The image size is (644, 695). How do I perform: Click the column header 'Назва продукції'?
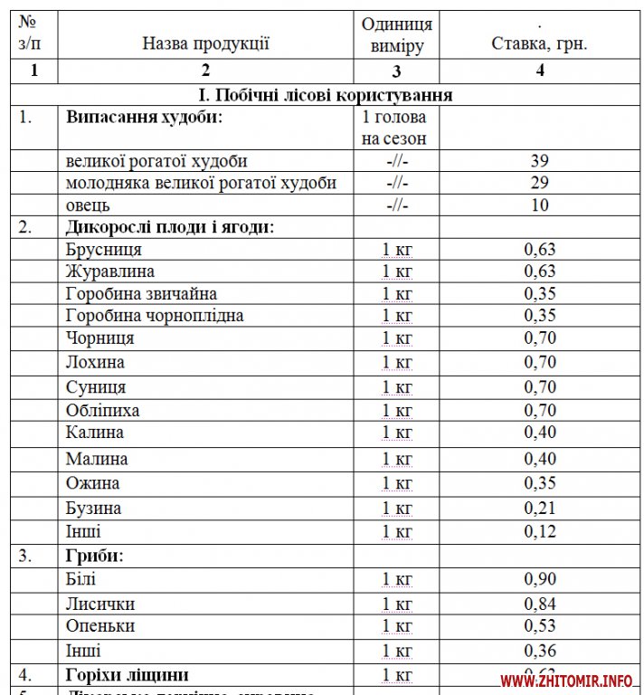tap(206, 43)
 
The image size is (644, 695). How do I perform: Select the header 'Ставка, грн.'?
tap(540, 43)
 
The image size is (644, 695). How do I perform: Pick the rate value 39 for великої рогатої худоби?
tap(540, 161)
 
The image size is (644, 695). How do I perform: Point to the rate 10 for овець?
tap(540, 205)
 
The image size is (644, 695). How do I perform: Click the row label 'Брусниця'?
tap(104, 250)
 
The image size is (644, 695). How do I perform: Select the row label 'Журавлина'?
tap(110, 271)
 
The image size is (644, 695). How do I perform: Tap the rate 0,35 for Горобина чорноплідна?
tap(540, 316)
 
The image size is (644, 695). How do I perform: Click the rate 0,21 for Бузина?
tap(540, 508)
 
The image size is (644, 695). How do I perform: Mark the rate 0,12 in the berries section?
tap(540, 531)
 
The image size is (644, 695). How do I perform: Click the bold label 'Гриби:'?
tap(95, 554)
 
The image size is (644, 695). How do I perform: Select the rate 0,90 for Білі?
tap(540, 579)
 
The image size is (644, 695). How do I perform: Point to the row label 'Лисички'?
tap(101, 604)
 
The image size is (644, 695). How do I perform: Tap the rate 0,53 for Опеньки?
tap(540, 626)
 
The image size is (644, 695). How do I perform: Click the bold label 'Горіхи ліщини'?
tap(128, 674)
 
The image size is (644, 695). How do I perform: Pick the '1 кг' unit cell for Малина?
tap(397, 459)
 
